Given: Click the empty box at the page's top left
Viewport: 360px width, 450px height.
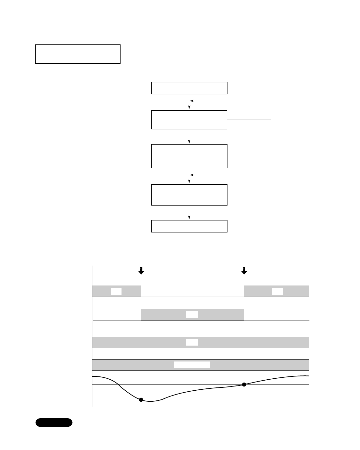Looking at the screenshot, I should [78, 54].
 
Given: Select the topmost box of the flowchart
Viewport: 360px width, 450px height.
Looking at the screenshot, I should [189, 88].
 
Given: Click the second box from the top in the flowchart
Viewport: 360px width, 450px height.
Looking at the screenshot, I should [189, 120].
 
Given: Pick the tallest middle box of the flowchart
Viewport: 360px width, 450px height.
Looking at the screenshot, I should [189, 156].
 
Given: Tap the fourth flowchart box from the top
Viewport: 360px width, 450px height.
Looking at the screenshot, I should [189, 195].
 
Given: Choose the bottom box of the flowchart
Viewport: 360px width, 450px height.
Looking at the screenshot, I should [189, 226].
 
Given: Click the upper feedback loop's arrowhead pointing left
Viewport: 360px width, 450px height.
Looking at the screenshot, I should [192, 101].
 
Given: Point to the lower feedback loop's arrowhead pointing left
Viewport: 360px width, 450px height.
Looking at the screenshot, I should [192, 175].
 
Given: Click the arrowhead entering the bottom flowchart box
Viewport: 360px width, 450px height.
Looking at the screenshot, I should [189, 218].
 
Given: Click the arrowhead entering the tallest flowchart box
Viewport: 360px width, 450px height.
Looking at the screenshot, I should [189, 142].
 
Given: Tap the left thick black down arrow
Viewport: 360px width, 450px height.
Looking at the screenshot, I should [141, 270].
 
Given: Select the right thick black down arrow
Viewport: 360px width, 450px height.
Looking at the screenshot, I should [244, 270].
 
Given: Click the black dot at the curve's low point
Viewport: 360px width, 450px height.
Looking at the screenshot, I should [141, 400].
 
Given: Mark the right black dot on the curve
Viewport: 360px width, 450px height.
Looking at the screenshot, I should [244, 385].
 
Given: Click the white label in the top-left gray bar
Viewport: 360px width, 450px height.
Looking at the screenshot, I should [116, 291].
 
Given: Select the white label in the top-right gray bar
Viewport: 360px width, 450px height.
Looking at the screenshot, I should [277, 291].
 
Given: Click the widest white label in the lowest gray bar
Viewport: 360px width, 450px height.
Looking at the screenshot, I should [192, 365].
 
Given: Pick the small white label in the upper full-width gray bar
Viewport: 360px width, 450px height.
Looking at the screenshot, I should [192, 342].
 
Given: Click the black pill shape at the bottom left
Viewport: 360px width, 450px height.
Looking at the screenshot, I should [54, 422].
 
